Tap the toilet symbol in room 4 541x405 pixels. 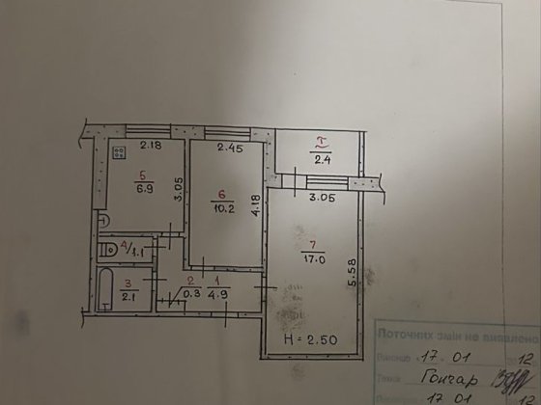pos(112,251)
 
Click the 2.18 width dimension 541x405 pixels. pos(148,147)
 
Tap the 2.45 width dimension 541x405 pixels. pos(228,148)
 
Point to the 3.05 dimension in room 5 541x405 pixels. pos(175,185)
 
